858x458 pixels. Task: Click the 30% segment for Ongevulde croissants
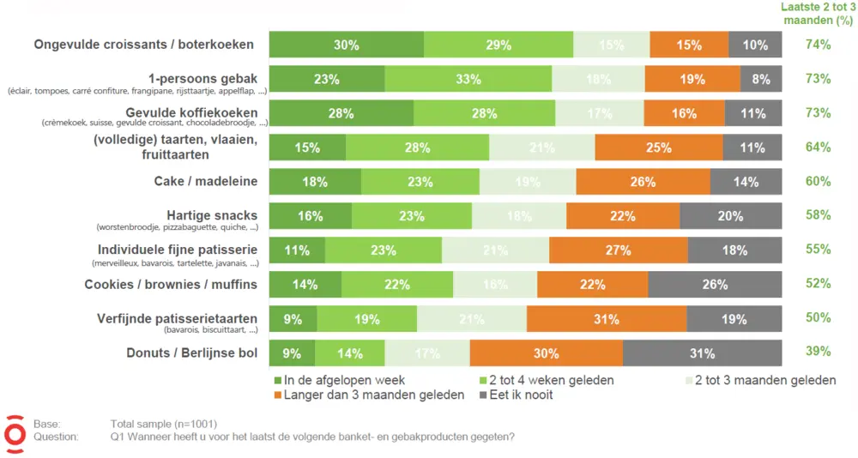point(347,45)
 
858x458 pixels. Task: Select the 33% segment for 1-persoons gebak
point(468,79)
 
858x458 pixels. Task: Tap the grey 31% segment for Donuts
point(702,353)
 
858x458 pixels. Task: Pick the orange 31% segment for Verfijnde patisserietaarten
point(607,319)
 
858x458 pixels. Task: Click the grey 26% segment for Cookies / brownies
point(715,285)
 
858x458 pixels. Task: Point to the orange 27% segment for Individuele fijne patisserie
point(618,250)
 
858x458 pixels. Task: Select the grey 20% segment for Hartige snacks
point(730,216)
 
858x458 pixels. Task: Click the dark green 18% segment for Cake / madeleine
point(315,182)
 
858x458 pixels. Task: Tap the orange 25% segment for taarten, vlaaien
point(658,148)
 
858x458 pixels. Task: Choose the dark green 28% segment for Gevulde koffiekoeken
point(341,113)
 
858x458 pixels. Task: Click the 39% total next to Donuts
point(818,352)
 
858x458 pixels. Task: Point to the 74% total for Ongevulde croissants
point(818,45)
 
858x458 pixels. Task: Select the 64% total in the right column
point(818,148)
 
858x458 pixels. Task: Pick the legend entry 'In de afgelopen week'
point(339,380)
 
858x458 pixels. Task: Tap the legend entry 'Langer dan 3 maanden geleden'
point(369,395)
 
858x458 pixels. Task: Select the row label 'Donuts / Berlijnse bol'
point(191,353)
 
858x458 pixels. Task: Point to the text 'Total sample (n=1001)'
point(163,424)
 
